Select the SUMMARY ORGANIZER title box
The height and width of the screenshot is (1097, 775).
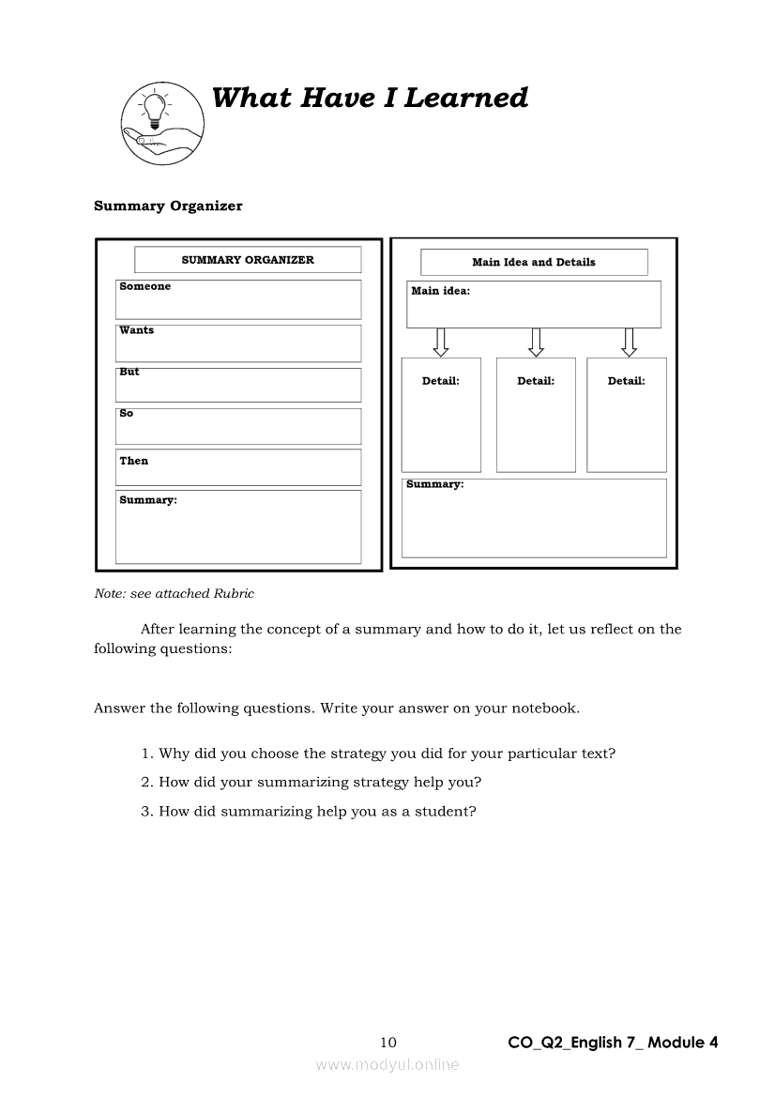coord(248,260)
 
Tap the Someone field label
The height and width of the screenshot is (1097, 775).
coord(145,287)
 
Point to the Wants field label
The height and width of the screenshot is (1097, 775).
coord(137,330)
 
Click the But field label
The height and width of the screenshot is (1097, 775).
coord(129,373)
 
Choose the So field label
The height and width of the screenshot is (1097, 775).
coord(127,414)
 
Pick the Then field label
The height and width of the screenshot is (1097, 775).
coord(134,461)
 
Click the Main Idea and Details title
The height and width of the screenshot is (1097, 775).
coord(534,263)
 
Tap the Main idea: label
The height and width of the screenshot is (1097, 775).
coord(441,292)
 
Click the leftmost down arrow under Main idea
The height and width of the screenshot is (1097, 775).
coord(441,343)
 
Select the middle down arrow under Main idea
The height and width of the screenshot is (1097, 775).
coord(536,343)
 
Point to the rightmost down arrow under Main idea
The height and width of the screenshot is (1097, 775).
coord(629,343)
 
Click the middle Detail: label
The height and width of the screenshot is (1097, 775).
coord(536,381)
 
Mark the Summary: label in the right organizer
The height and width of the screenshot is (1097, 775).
coord(434,484)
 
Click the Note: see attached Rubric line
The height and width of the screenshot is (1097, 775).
coord(175,594)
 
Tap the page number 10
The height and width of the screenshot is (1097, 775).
coord(388,1043)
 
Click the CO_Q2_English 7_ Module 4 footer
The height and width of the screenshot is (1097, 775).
coord(613,1043)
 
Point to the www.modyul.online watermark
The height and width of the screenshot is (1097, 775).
coord(387,1064)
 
